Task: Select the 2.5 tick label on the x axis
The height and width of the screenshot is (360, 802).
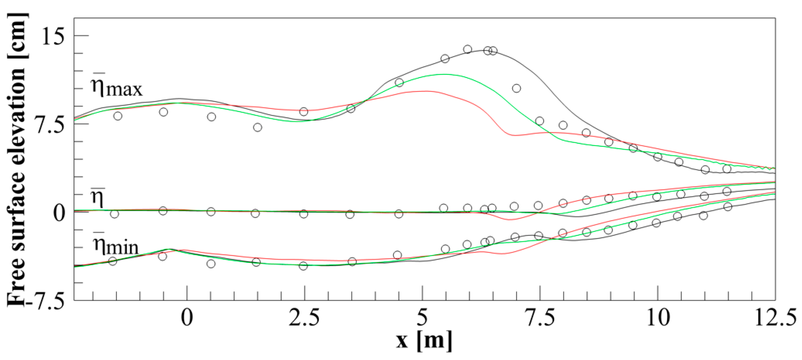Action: (x=304, y=318)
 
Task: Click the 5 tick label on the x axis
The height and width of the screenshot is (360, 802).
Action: (x=422, y=318)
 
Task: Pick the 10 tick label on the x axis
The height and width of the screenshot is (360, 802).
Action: (x=658, y=318)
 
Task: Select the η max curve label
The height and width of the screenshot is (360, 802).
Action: (x=117, y=87)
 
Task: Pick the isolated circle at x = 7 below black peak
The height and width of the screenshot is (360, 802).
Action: (x=516, y=88)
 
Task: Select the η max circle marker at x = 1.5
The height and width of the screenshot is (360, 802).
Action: (x=258, y=127)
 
